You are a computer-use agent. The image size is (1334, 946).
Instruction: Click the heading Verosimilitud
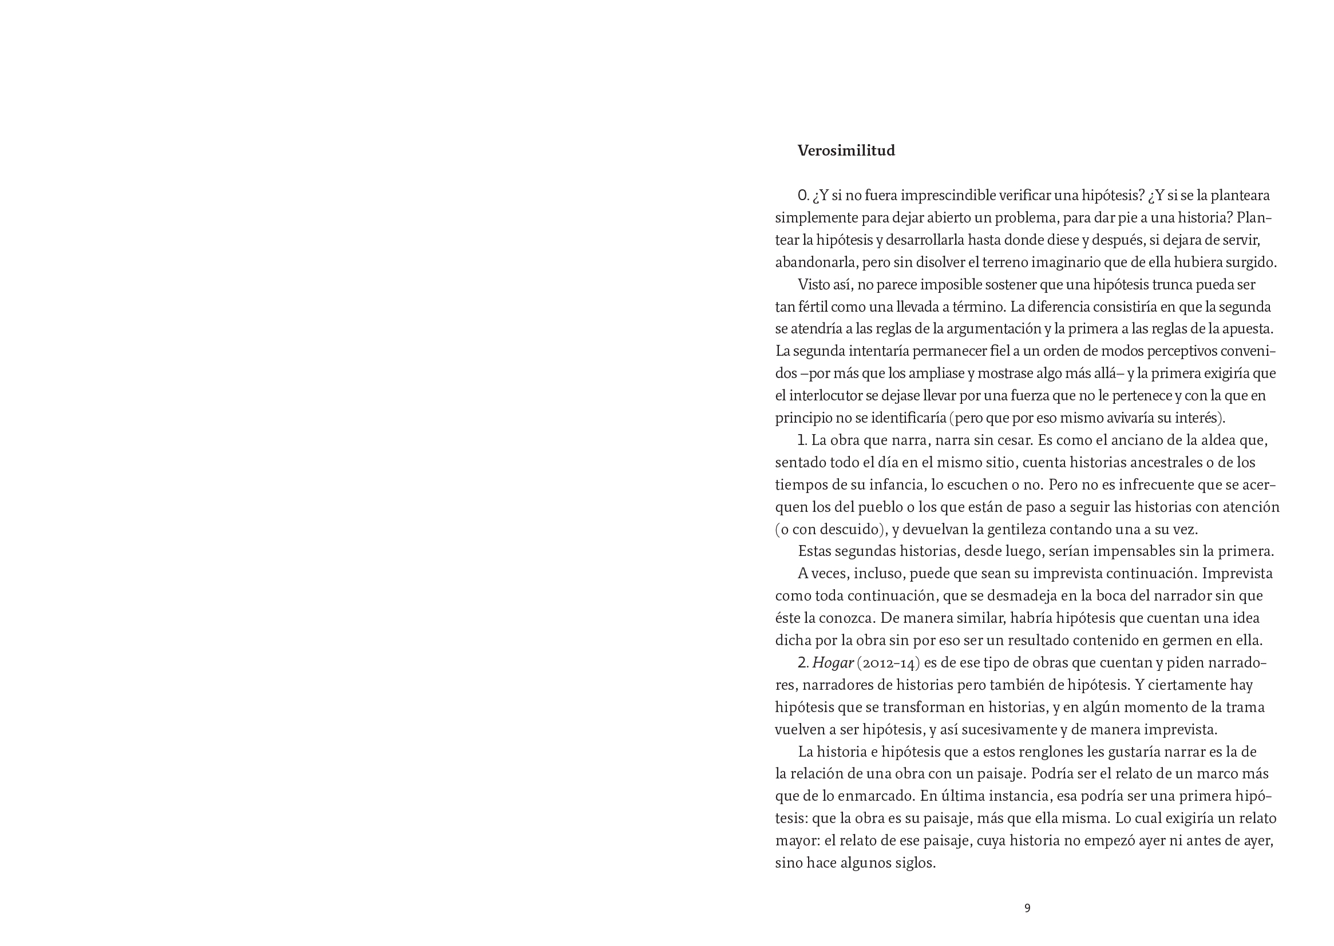click(x=846, y=151)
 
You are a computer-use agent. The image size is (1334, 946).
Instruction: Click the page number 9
click(x=1027, y=908)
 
